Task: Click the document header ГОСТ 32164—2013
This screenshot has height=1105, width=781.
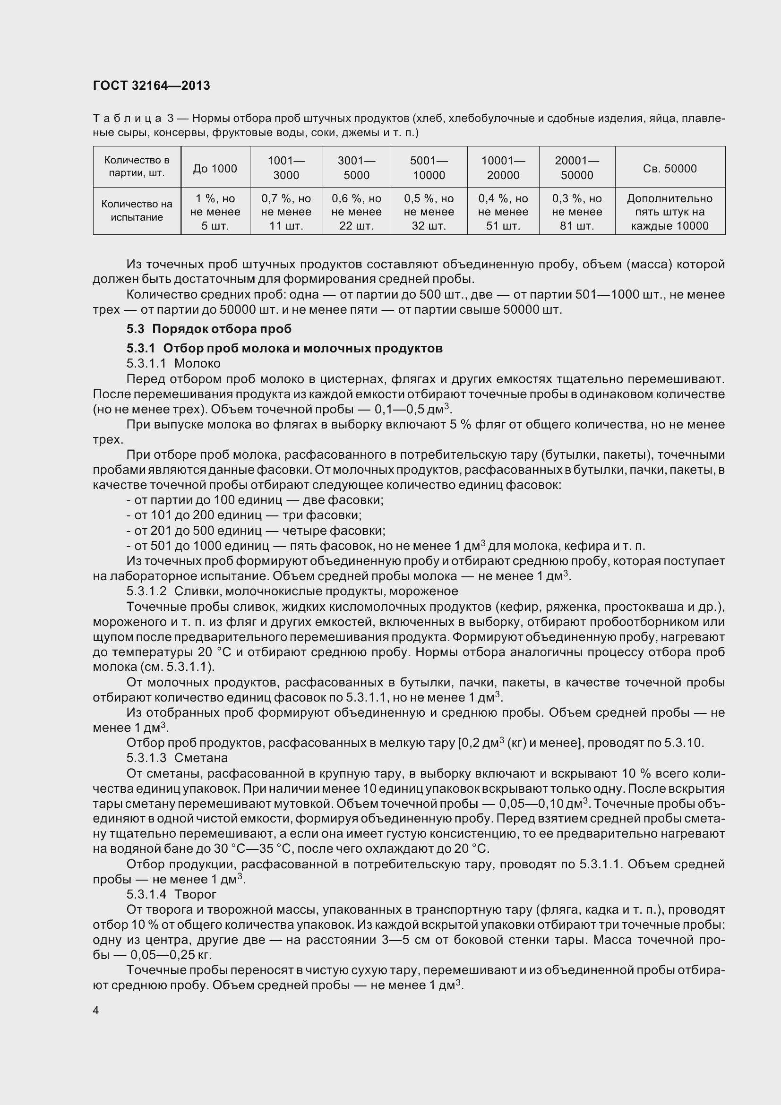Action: click(152, 86)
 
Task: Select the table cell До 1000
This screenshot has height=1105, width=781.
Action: click(215, 169)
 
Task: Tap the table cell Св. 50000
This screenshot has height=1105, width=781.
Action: click(669, 169)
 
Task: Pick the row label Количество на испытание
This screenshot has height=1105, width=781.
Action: click(137, 211)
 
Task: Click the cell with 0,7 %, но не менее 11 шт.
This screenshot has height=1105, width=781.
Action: click(286, 212)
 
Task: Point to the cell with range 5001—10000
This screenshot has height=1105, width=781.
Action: click(428, 168)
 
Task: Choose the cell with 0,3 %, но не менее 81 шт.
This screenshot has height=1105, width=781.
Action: click(576, 212)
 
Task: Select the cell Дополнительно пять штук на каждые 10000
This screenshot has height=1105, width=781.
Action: click(669, 212)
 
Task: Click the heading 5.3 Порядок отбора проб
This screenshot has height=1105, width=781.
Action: click(209, 329)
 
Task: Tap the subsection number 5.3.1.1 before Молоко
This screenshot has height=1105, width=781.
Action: click(146, 363)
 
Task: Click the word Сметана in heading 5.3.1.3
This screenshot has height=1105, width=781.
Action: click(201, 758)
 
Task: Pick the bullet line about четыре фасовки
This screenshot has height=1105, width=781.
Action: click(256, 531)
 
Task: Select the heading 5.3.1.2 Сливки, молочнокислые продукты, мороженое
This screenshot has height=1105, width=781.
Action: click(292, 591)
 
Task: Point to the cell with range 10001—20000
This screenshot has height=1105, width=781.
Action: click(503, 168)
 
